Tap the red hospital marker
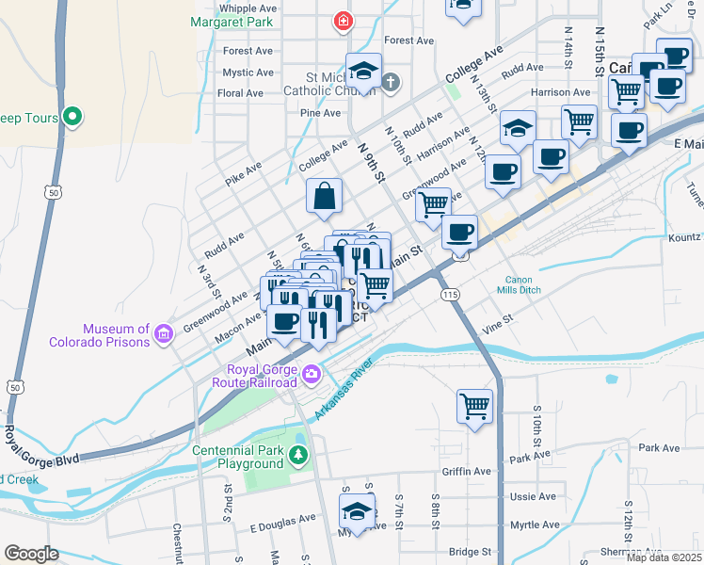pyautogui.click(x=344, y=20)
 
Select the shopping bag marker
pyautogui.click(x=323, y=196)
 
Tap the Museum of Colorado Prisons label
pyautogui.click(x=116, y=335)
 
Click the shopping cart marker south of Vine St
pyautogui.click(x=474, y=407)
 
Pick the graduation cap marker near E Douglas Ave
pyautogui.click(x=358, y=512)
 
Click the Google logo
pyautogui.click(x=31, y=554)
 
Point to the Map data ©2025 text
pyautogui.click(x=663, y=557)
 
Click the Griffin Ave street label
pyautogui.click(x=467, y=472)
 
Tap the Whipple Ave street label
pyautogui.click(x=247, y=8)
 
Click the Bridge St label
pyautogui.click(x=470, y=552)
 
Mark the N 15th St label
pyautogui.click(x=600, y=50)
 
